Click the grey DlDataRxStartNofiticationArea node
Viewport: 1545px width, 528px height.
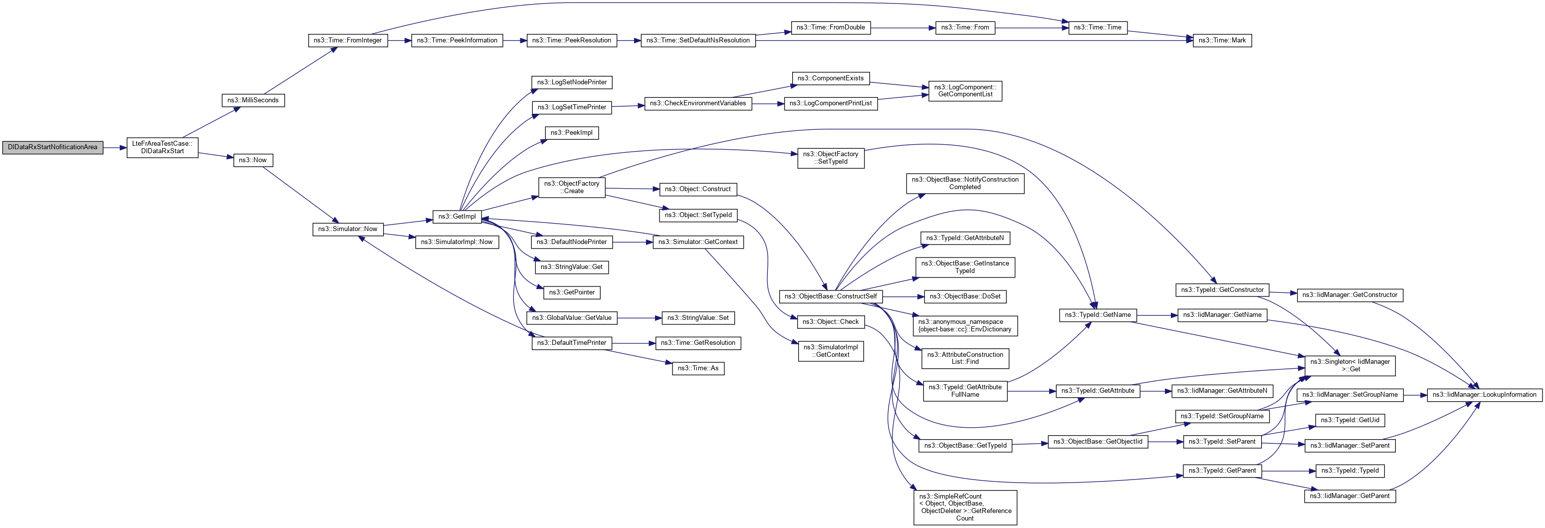point(53,147)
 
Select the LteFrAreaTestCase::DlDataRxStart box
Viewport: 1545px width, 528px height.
point(162,148)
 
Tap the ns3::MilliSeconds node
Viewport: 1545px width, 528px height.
point(252,100)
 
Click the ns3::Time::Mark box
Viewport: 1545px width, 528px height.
point(1222,40)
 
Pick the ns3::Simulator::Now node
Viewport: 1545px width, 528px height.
point(347,229)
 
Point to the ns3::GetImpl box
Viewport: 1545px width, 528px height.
point(456,217)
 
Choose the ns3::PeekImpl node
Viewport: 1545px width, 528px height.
point(571,133)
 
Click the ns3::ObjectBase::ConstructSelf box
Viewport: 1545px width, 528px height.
point(830,296)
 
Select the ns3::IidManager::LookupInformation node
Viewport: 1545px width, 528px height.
point(1484,395)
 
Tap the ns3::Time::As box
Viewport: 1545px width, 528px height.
point(697,368)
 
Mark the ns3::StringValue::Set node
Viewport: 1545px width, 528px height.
point(697,318)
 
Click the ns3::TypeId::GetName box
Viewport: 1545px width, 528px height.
point(1097,315)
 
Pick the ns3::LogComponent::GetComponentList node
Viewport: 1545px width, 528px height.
point(964,91)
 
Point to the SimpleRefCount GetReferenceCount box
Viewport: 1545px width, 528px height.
point(964,508)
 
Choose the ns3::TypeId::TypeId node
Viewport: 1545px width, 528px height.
point(1349,471)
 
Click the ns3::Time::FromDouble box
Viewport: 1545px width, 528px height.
point(830,27)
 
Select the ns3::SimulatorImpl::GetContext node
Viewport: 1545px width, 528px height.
point(830,351)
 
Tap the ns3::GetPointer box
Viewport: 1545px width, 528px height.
point(572,293)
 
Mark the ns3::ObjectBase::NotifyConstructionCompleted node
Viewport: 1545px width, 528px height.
point(964,184)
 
